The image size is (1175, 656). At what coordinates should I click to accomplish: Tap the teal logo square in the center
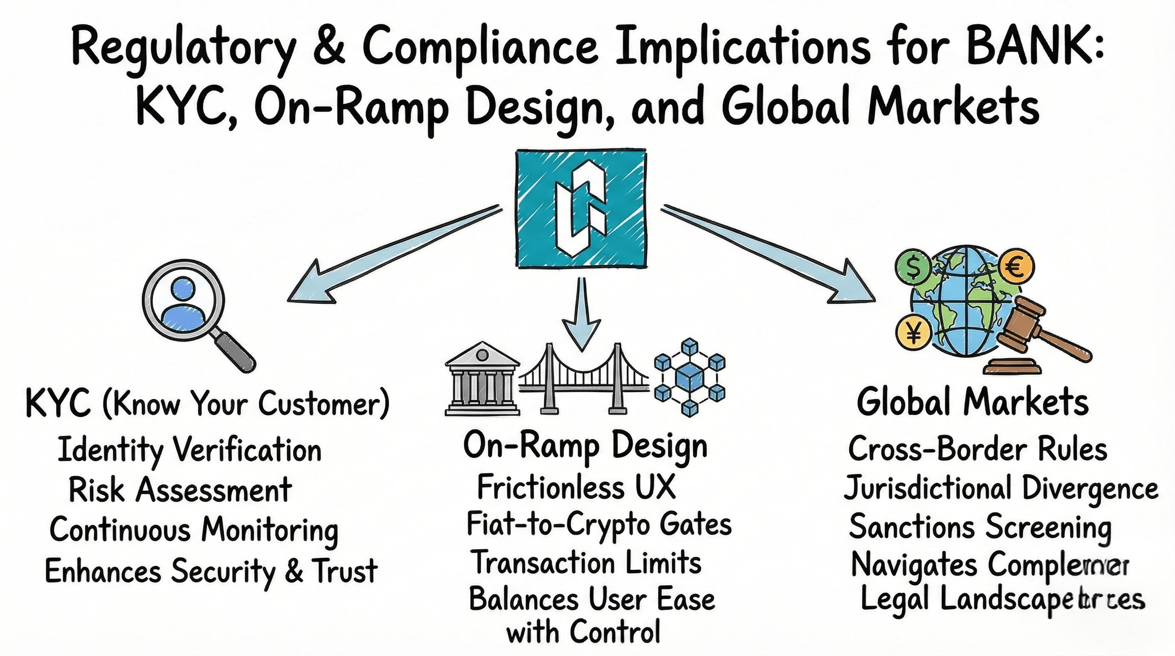(x=581, y=208)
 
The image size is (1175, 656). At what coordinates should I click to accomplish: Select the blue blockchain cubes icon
(x=689, y=378)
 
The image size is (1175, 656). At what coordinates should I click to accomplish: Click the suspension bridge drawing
(x=584, y=381)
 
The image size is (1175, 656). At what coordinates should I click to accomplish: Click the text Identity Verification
(x=190, y=450)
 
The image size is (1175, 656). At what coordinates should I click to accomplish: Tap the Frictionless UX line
(x=576, y=487)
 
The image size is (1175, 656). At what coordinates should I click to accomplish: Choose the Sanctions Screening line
(x=980, y=527)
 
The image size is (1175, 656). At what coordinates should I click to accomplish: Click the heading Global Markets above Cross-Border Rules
(x=973, y=402)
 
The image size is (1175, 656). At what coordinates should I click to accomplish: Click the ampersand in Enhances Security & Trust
(x=294, y=570)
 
